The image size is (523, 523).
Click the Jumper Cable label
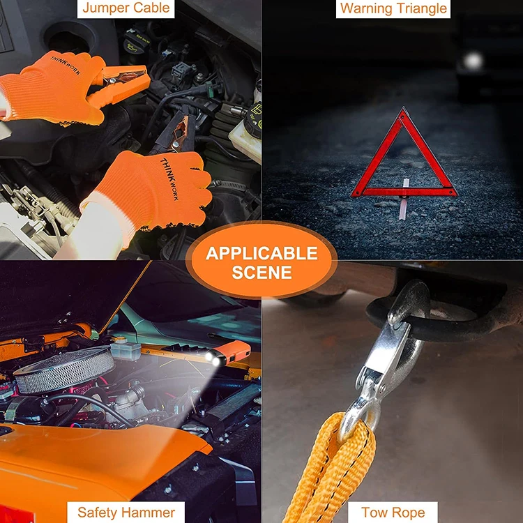(126, 8)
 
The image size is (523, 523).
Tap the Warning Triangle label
(393, 8)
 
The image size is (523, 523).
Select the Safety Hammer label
(126, 512)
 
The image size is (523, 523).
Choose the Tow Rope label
(393, 512)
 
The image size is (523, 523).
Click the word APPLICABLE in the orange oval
(261, 254)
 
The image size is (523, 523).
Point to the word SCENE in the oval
(261, 273)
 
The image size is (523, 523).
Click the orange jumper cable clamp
(119, 84)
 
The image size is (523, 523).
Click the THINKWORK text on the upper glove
(66, 65)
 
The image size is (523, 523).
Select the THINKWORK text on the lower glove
(169, 179)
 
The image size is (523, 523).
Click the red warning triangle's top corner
(404, 108)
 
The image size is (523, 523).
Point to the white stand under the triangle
(404, 199)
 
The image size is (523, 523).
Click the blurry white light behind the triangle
(473, 61)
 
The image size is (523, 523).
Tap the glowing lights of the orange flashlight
(213, 358)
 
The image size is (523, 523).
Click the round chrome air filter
(64, 370)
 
